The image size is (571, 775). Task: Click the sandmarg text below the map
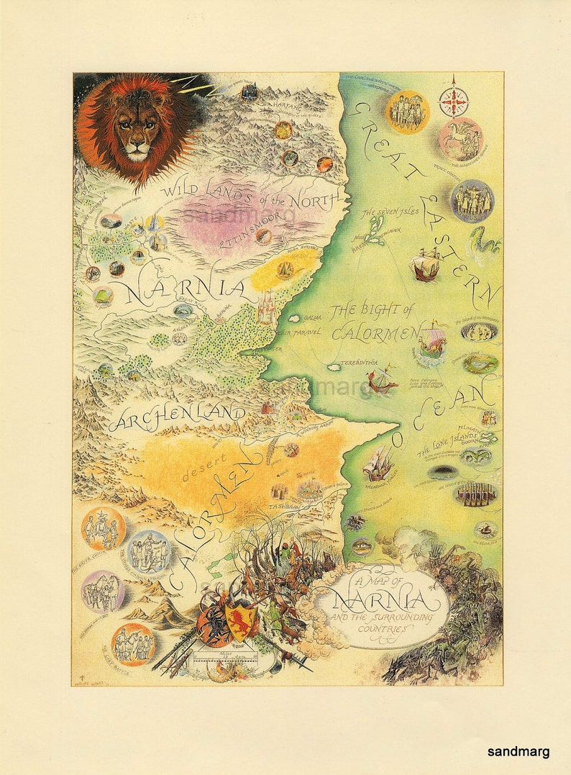click(518, 751)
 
